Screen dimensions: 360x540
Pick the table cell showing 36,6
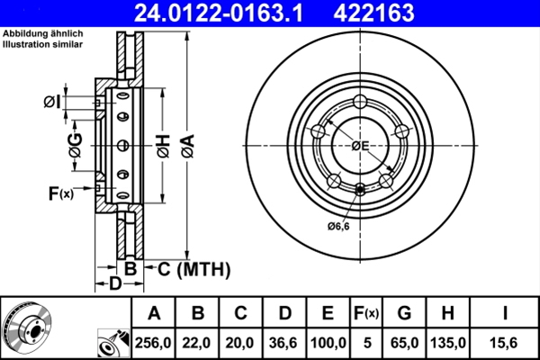pyautogui.click(x=283, y=343)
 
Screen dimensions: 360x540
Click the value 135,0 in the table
pyautogui.click(x=447, y=343)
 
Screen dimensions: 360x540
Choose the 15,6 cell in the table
pyautogui.click(x=507, y=343)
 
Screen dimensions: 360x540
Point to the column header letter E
pyautogui.click(x=327, y=313)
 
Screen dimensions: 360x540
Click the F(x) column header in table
pyautogui.click(x=367, y=313)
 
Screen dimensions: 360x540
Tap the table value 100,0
pyautogui.click(x=327, y=343)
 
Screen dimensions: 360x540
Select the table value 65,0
pyautogui.click(x=404, y=343)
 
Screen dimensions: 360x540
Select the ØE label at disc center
pyautogui.click(x=361, y=145)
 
